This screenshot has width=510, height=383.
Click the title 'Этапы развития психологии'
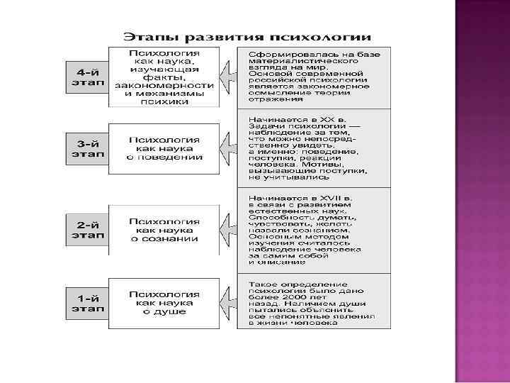[x=248, y=37]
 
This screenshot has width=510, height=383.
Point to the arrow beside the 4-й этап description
[x=227, y=77]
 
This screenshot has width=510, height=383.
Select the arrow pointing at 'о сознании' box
[x=227, y=230]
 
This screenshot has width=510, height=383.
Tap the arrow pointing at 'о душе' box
[x=227, y=303]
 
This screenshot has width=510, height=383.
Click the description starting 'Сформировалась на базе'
[x=314, y=77]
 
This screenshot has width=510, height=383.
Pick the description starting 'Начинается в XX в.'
[x=314, y=147]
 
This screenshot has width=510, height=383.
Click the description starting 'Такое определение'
[x=314, y=304]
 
